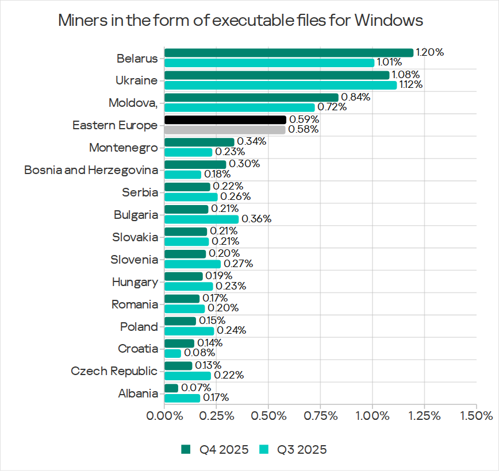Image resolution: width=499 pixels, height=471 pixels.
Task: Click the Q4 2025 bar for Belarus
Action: click(289, 53)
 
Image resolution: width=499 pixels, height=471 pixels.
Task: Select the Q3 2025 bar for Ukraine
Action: click(281, 85)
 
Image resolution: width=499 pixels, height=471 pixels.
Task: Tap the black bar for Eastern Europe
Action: click(225, 119)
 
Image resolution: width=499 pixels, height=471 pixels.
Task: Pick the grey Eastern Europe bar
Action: click(225, 130)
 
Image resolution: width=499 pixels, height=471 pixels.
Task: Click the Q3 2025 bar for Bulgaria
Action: click(201, 219)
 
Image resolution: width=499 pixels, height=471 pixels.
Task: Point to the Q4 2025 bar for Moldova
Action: click(251, 98)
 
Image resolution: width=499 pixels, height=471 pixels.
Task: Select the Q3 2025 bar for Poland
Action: click(189, 331)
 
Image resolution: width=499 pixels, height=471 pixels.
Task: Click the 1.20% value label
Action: click(430, 52)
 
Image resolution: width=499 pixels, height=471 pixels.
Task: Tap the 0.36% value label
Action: click(256, 219)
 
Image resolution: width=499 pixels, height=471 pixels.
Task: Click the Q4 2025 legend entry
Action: click(216, 449)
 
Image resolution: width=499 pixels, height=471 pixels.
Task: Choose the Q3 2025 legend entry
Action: click(294, 449)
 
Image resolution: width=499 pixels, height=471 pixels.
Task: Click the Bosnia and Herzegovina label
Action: click(91, 170)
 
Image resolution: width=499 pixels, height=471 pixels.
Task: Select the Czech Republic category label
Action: click(114, 371)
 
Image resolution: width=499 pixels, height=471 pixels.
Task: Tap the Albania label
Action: click(138, 393)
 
